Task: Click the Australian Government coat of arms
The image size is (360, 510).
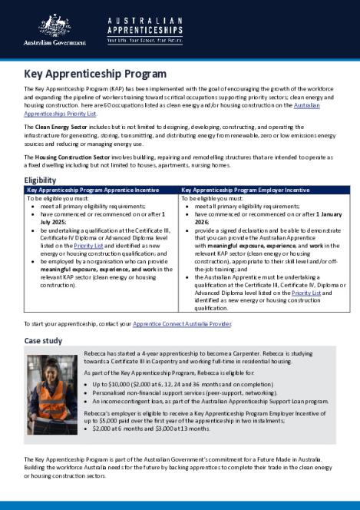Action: (54, 25)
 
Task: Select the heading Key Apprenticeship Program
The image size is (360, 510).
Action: (95, 75)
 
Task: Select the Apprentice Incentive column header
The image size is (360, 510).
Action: (94, 189)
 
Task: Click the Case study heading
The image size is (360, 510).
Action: (45, 340)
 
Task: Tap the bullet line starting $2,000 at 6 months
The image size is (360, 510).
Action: (147, 429)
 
